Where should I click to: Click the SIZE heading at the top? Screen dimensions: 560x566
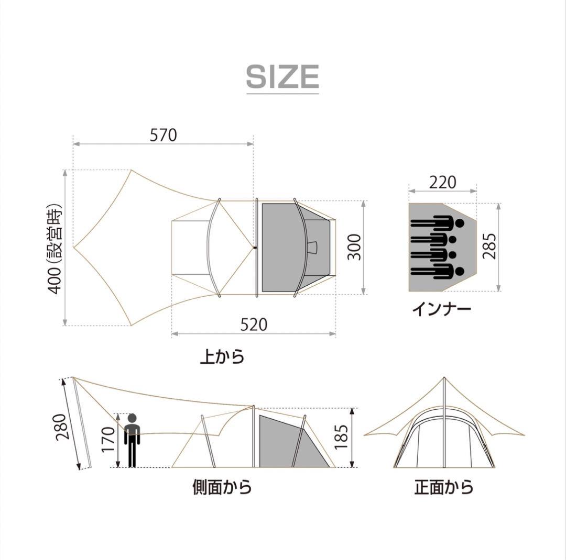point(282,77)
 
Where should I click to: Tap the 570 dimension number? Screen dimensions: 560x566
point(164,135)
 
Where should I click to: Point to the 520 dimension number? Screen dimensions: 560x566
point(254,324)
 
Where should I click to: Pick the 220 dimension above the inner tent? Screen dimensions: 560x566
point(443,182)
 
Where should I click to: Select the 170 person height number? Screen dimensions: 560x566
point(108,440)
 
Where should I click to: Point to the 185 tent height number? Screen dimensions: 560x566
point(341,437)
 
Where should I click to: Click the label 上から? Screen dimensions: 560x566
point(222,357)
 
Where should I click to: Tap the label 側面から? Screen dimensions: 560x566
point(222,487)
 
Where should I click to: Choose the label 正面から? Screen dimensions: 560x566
point(444,487)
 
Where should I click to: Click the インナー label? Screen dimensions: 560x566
point(441,309)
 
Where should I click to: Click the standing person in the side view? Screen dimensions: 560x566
point(132,440)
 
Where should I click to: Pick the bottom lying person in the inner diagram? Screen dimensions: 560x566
point(438,272)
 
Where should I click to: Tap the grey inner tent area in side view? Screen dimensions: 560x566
point(280,442)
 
